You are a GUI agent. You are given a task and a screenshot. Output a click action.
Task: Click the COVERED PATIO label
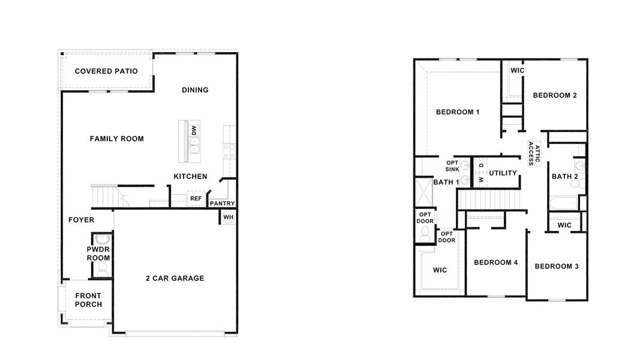[106, 71]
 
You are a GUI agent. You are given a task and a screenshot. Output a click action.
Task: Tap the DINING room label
[195, 90]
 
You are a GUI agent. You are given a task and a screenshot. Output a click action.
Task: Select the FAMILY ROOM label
[117, 139]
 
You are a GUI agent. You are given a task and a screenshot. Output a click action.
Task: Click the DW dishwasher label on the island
[193, 130]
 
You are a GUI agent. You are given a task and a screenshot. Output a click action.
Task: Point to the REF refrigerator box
[196, 199]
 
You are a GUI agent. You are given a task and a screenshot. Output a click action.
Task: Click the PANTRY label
[222, 203]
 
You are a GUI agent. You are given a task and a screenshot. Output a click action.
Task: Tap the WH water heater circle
[229, 217]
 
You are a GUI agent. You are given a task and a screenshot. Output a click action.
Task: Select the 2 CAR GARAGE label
[175, 278]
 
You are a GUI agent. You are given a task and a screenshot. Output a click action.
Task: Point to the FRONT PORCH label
[88, 300]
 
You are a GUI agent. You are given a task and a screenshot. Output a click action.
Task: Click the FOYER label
[81, 220]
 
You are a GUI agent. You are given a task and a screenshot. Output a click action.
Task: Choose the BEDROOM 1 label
[458, 112]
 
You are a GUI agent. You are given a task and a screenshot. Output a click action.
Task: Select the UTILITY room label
[503, 173]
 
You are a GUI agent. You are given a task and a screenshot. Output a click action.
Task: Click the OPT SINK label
[452, 166]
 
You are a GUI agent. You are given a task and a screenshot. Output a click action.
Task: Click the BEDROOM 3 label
[557, 266]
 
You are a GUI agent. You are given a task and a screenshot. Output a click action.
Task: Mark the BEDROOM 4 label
[495, 262]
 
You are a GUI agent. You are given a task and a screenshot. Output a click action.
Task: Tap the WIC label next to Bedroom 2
[517, 71]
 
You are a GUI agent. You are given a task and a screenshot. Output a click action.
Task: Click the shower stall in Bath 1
[425, 196]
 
